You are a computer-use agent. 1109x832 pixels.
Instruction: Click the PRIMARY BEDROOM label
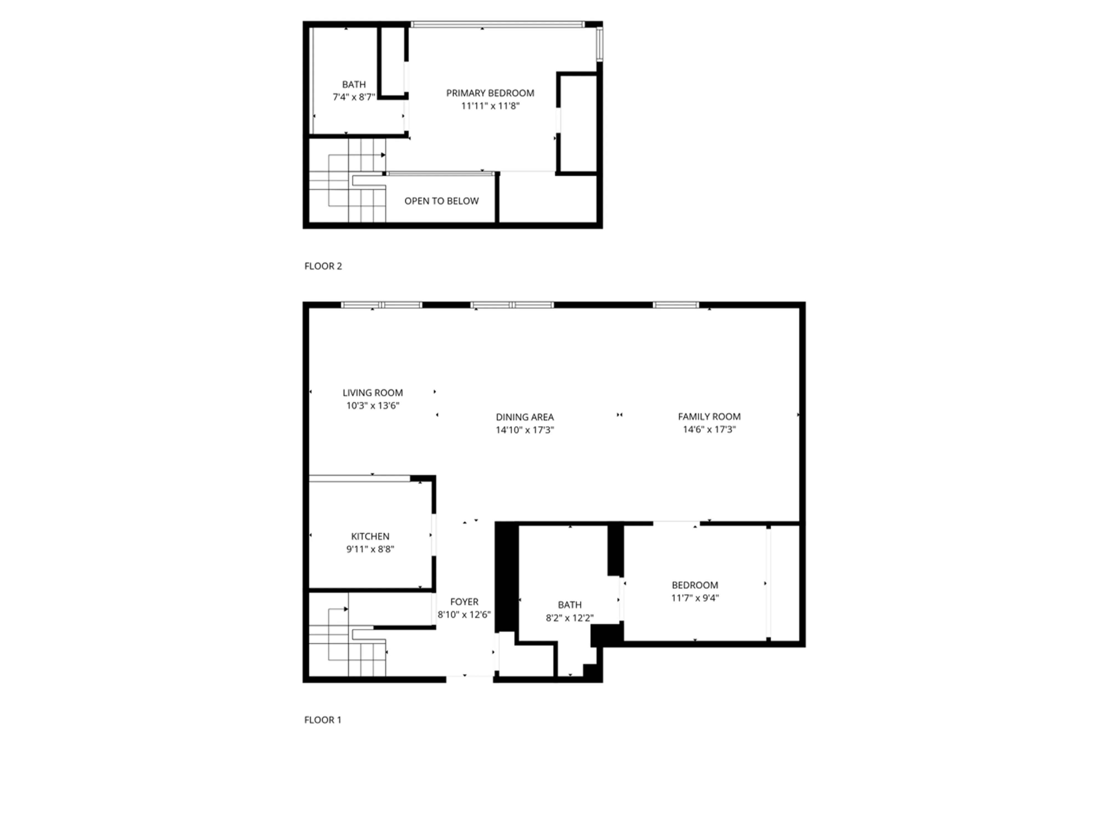(x=490, y=93)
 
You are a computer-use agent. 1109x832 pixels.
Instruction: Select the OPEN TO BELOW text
(x=441, y=201)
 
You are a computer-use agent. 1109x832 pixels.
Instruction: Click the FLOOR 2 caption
(x=323, y=266)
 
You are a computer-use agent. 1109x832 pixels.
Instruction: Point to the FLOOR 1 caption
(x=322, y=720)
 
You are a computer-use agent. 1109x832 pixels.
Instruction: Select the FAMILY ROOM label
(x=709, y=417)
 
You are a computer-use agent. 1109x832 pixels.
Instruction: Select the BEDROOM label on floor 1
(x=695, y=585)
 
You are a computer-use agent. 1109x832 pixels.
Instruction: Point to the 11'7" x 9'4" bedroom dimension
(x=695, y=598)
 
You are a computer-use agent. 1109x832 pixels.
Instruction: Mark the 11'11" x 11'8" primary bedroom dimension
(x=490, y=106)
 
